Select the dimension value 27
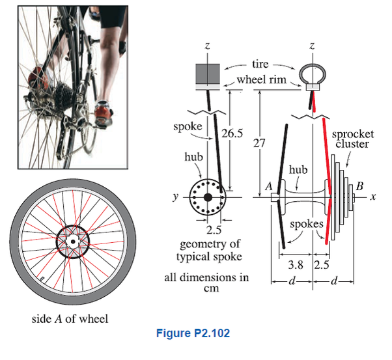tap(259, 145)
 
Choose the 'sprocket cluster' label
tap(352, 139)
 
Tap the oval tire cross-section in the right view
tap(313, 72)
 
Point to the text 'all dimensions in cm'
tap(206, 283)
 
